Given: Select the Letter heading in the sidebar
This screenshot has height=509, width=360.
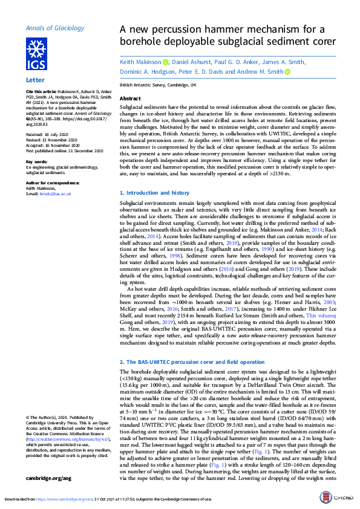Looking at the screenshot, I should pyautogui.click(x=35, y=80).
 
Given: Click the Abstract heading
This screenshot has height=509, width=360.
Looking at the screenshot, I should pyautogui.click(x=131, y=98).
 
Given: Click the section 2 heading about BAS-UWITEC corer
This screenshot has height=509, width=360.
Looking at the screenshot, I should pyautogui.click(x=192, y=361).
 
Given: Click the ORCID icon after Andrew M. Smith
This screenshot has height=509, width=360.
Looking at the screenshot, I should pyautogui.click(x=287, y=72).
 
